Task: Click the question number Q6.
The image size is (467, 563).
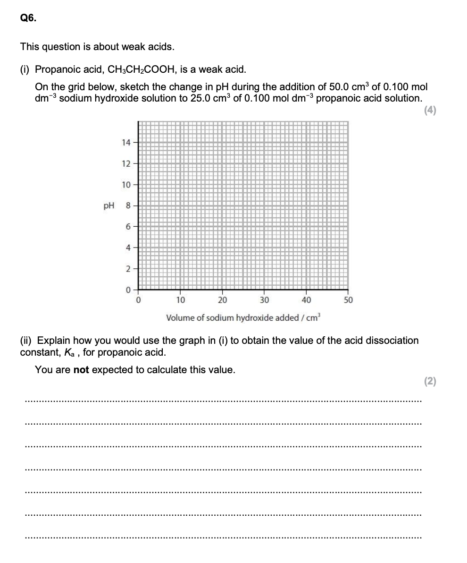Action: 27,18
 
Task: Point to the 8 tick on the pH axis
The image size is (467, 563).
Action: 128,206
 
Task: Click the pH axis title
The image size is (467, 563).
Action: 109,206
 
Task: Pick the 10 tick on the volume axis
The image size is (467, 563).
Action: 180,300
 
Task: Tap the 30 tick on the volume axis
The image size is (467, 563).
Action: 264,300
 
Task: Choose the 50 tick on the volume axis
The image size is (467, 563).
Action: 348,300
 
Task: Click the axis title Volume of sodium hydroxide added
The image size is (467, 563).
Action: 243,317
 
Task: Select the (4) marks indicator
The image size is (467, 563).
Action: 430,111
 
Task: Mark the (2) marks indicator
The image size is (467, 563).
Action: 430,382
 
